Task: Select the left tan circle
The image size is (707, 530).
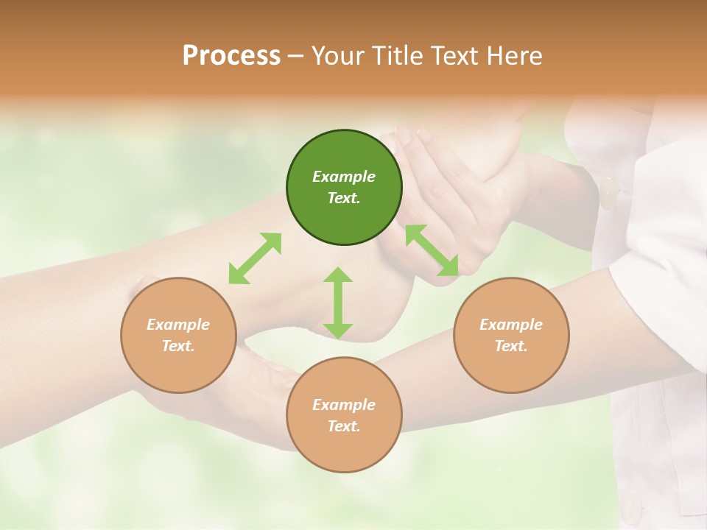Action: pos(178,335)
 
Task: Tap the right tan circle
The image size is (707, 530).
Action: pos(511,335)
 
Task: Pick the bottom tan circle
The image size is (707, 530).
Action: pos(344,415)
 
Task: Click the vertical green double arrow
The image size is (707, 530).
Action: pos(338,303)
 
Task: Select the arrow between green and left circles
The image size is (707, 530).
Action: pos(255,258)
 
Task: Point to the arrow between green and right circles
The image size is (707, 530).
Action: pos(432,250)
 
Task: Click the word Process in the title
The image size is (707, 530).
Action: pos(231,55)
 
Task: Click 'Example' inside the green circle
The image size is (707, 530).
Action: pos(344,177)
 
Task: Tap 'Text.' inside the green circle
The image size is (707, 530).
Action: pos(344,198)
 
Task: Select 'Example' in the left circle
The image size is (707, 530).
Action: pos(178,325)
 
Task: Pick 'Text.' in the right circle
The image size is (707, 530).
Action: pos(511,346)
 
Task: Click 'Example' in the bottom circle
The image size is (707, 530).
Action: pos(344,405)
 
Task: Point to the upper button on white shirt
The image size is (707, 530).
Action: pos(609,193)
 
